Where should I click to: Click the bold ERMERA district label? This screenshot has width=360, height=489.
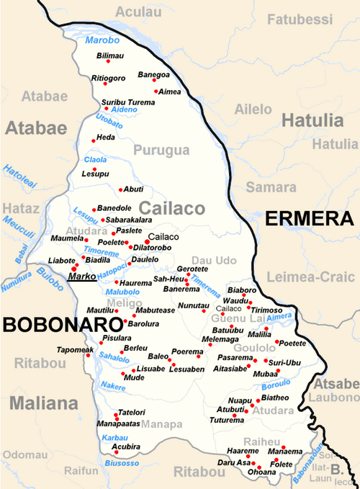(308, 220)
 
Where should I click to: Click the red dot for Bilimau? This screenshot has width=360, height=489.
(108, 62)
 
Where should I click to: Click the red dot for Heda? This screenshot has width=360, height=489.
(93, 140)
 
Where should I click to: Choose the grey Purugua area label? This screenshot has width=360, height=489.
(161, 151)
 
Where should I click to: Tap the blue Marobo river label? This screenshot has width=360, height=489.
(103, 40)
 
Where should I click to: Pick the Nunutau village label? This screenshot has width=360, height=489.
(193, 306)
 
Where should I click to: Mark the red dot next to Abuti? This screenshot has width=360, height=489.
(120, 189)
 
